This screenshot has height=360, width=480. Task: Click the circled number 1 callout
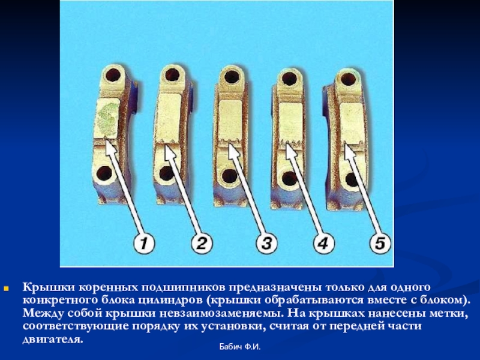pos(143,244)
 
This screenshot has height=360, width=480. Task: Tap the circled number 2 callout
pos(202,244)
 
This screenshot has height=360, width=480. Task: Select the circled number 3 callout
pos(266,244)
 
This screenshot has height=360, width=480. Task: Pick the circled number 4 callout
pos(323,244)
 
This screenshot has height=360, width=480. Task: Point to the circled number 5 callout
pos(380,244)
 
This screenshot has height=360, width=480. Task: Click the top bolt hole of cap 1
pos(113,74)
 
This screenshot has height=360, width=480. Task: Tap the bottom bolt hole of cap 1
pos(104,175)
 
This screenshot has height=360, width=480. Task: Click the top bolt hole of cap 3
pos(232,77)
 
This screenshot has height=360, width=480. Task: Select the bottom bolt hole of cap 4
pos(289,179)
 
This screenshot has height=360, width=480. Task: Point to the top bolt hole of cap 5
pos(348,79)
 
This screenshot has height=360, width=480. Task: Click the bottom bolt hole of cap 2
pos(167,174)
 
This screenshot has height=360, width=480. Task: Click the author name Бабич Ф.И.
pos(239,347)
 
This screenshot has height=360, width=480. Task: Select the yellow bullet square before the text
pos(6,289)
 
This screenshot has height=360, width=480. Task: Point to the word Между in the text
pos(43,313)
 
